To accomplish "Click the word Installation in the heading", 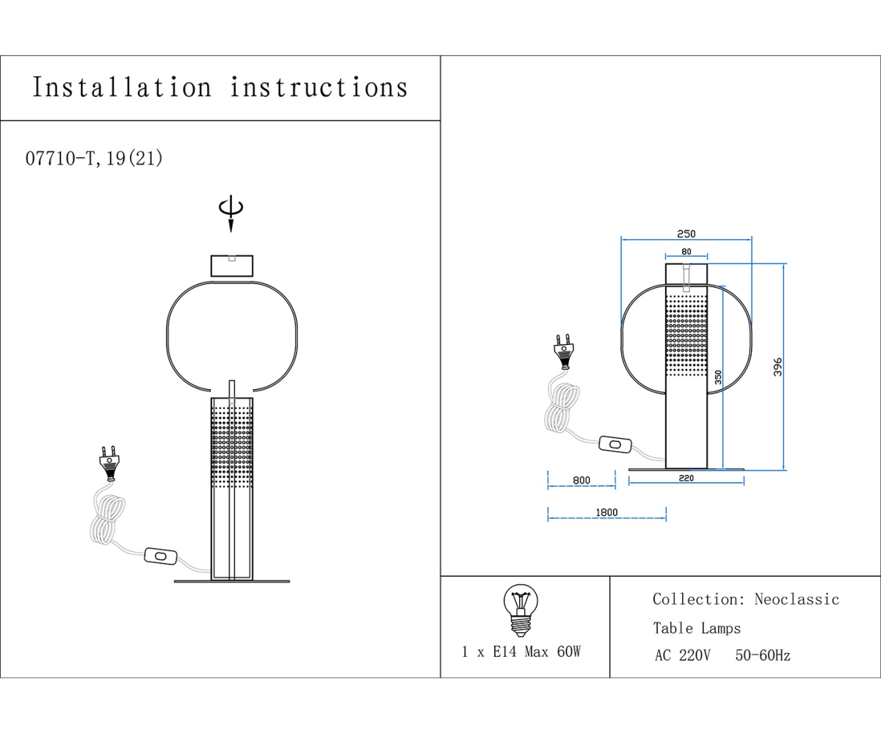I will tap(122, 87).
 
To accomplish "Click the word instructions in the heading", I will tap(319, 87).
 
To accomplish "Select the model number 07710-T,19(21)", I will tap(94, 159).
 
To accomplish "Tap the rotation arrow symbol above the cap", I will tap(231, 212).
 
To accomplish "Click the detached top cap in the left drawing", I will tap(231, 265).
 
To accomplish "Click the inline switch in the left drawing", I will tap(161, 558).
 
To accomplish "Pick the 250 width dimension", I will tap(686, 234).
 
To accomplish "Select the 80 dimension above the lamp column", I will tap(686, 252).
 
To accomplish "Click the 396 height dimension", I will tap(777, 367).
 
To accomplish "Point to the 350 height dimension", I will tap(718, 377).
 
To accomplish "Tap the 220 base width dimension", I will tap(686, 479).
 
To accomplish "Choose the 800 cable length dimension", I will tap(581, 481).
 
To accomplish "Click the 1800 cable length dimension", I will tap(606, 512).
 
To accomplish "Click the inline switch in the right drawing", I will tap(615, 444).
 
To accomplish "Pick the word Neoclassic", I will tap(797, 600).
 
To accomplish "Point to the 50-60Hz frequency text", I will tap(762, 655).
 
